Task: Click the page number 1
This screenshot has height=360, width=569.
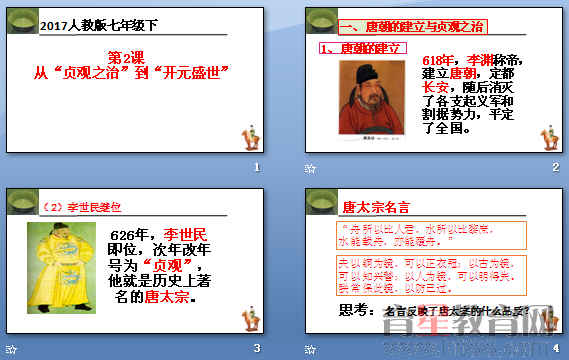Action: coord(257,167)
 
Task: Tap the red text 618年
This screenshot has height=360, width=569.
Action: coord(440,61)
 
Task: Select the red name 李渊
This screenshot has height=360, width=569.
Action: coord(480,61)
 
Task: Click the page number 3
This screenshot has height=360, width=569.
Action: coord(257,347)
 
